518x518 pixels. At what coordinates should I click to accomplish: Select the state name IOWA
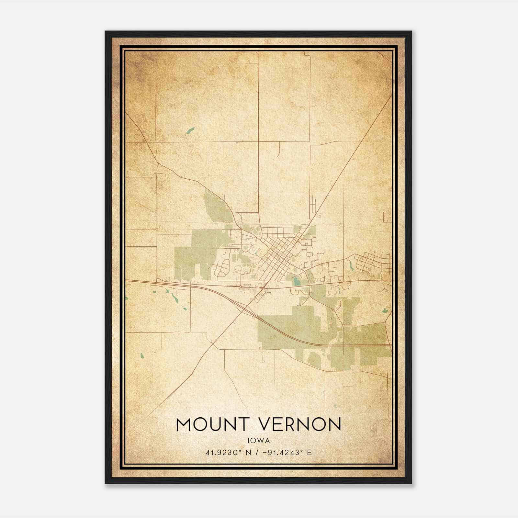click(258, 440)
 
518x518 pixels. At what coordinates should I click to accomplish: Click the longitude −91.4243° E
click(288, 452)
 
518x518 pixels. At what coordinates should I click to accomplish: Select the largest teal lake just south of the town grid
click(296, 282)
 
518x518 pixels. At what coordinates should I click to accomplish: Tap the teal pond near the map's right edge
click(385, 310)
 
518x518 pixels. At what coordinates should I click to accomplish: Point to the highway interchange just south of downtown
click(264, 287)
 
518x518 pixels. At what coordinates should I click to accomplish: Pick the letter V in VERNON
click(267, 424)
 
